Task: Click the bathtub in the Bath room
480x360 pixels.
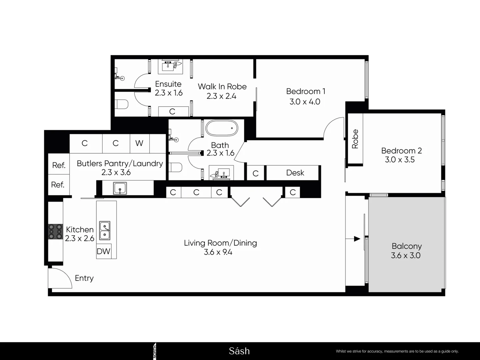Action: pyautogui.click(x=222, y=128)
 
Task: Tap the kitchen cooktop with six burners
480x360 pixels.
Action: pyautogui.click(x=56, y=231)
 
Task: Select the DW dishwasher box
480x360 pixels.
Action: pyautogui.click(x=103, y=251)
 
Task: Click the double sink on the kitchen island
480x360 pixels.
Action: pyautogui.click(x=105, y=231)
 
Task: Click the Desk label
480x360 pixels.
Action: pyautogui.click(x=295, y=173)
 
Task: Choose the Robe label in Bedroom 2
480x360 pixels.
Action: pyautogui.click(x=355, y=139)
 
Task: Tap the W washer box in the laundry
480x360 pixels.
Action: pyautogui.click(x=139, y=143)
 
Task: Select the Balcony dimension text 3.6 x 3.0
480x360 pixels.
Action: pyautogui.click(x=406, y=256)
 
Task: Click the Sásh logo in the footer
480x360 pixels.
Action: pyautogui.click(x=239, y=351)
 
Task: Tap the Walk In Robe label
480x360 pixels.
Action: pyautogui.click(x=222, y=87)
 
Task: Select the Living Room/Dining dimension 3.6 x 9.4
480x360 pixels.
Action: pyautogui.click(x=218, y=252)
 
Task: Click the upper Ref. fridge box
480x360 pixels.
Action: pyautogui.click(x=59, y=165)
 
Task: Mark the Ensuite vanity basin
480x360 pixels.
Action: pyautogui.click(x=170, y=66)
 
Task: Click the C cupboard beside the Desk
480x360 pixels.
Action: pyautogui.click(x=256, y=173)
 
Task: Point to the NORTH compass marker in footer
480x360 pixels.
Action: pyautogui.click(x=154, y=351)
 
